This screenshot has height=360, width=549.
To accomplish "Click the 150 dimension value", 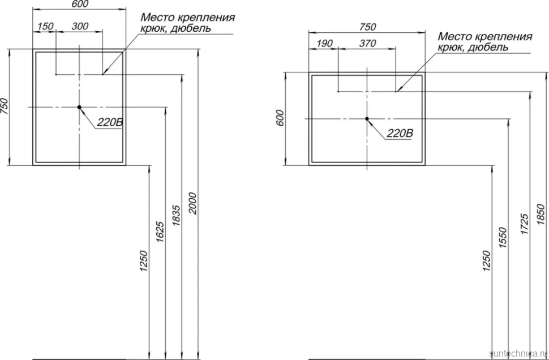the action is click(x=45, y=26).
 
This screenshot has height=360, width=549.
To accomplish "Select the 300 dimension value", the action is click(x=80, y=26).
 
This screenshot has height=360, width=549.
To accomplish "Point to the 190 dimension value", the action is click(x=324, y=44).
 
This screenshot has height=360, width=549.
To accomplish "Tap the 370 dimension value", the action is click(x=368, y=44).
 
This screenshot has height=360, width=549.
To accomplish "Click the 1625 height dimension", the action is click(x=160, y=232).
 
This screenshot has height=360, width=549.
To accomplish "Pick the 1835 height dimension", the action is click(x=176, y=216).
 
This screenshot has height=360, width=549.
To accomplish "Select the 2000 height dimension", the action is click(x=193, y=203).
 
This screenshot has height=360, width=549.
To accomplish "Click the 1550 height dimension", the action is click(x=503, y=238).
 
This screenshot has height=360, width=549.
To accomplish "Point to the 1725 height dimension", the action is click(x=525, y=224).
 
